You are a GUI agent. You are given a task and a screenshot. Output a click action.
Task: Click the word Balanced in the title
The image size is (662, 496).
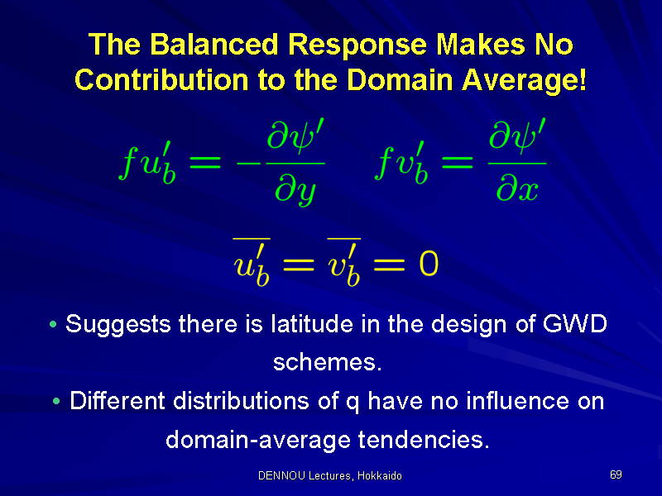pos(214,45)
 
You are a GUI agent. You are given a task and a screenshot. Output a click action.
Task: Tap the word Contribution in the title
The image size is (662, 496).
pos(161,79)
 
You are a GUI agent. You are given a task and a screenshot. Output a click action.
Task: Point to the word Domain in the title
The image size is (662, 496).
pos(400,79)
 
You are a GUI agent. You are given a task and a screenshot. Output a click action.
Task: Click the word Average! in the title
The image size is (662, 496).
pos(524,80)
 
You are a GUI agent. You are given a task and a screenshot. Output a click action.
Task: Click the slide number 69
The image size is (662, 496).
pos(616,475)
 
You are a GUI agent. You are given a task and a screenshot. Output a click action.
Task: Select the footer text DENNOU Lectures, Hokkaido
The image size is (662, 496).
pos(329,476)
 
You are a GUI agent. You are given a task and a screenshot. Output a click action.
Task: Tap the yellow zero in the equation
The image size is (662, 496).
pos(429,264)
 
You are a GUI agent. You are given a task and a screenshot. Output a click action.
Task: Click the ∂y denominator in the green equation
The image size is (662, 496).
pos(295,190)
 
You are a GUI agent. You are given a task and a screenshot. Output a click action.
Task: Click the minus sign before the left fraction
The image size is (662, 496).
pos(248,163)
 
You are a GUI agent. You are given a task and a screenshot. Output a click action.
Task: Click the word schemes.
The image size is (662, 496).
pos(327,362)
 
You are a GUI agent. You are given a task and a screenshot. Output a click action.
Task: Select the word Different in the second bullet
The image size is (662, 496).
pos(117,400)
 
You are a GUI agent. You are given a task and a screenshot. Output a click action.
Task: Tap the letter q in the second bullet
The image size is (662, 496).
pos(353,403)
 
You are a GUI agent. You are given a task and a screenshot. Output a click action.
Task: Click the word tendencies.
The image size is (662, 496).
pos(424,440)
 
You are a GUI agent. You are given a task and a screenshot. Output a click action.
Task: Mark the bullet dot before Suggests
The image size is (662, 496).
pos(53,324)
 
